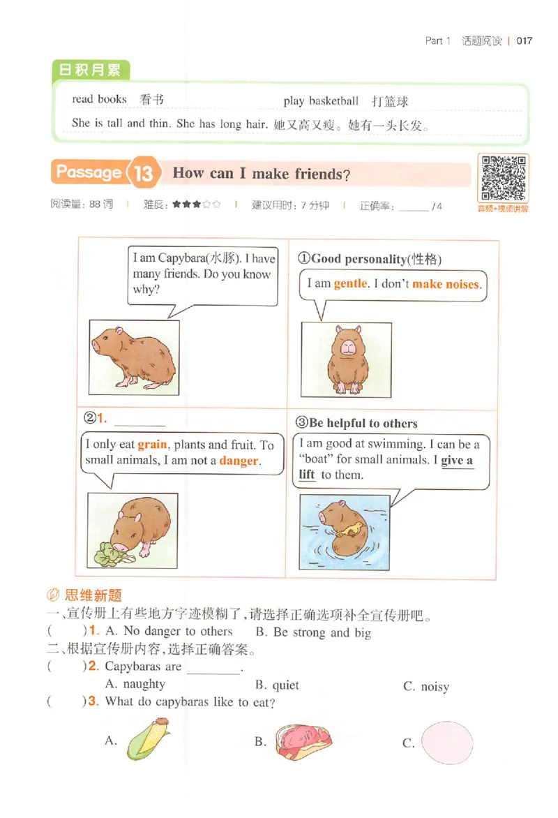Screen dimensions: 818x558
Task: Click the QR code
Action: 502,179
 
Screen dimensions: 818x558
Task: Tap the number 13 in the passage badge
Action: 144,173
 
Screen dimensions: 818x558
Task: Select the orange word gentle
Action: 350,284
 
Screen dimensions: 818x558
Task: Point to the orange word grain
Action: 152,445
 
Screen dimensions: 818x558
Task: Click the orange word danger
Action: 239,461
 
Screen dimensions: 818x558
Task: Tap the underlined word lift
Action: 307,475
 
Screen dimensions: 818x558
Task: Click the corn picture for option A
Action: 147,740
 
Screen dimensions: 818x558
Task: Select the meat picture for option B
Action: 303,740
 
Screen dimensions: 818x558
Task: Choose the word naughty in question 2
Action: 144,684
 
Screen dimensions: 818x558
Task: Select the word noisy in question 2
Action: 435,687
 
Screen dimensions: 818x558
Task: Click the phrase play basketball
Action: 321,101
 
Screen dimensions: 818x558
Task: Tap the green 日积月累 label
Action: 91,70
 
